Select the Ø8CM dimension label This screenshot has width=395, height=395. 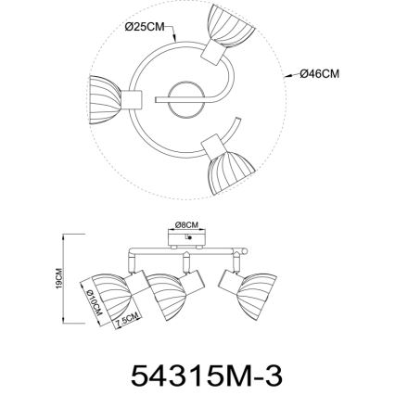187,225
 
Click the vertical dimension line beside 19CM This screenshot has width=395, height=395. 63,278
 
